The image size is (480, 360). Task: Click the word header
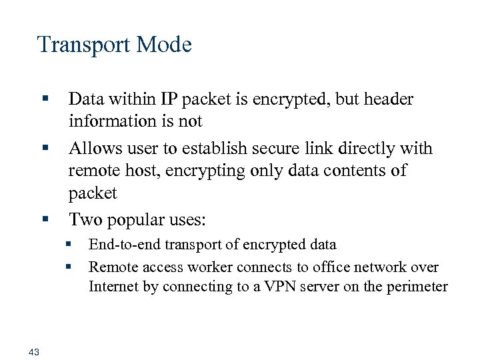pyautogui.click(x=386, y=99)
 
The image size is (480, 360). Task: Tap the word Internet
pyautogui.click(x=114, y=287)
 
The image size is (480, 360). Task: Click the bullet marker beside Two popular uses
pyautogui.click(x=45, y=218)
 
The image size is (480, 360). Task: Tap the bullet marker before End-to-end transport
pyautogui.click(x=68, y=245)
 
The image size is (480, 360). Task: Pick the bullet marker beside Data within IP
pyautogui.click(x=45, y=99)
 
